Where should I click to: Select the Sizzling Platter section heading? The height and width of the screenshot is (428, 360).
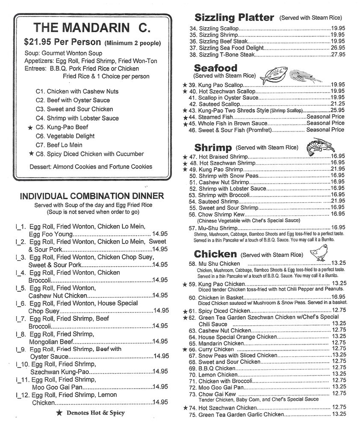pos(234,18)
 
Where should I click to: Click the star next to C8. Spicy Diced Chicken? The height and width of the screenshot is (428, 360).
pos(30,154)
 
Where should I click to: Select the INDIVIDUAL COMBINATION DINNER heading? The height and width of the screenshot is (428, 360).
pos(92,196)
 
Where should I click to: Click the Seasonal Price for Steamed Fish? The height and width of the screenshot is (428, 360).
pos(325,117)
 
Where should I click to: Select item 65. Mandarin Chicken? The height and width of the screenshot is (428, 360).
pos(216,343)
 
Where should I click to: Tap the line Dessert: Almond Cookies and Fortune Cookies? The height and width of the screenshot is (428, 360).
pos(91,166)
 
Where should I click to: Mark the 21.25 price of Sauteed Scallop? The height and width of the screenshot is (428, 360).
pos(337,104)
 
